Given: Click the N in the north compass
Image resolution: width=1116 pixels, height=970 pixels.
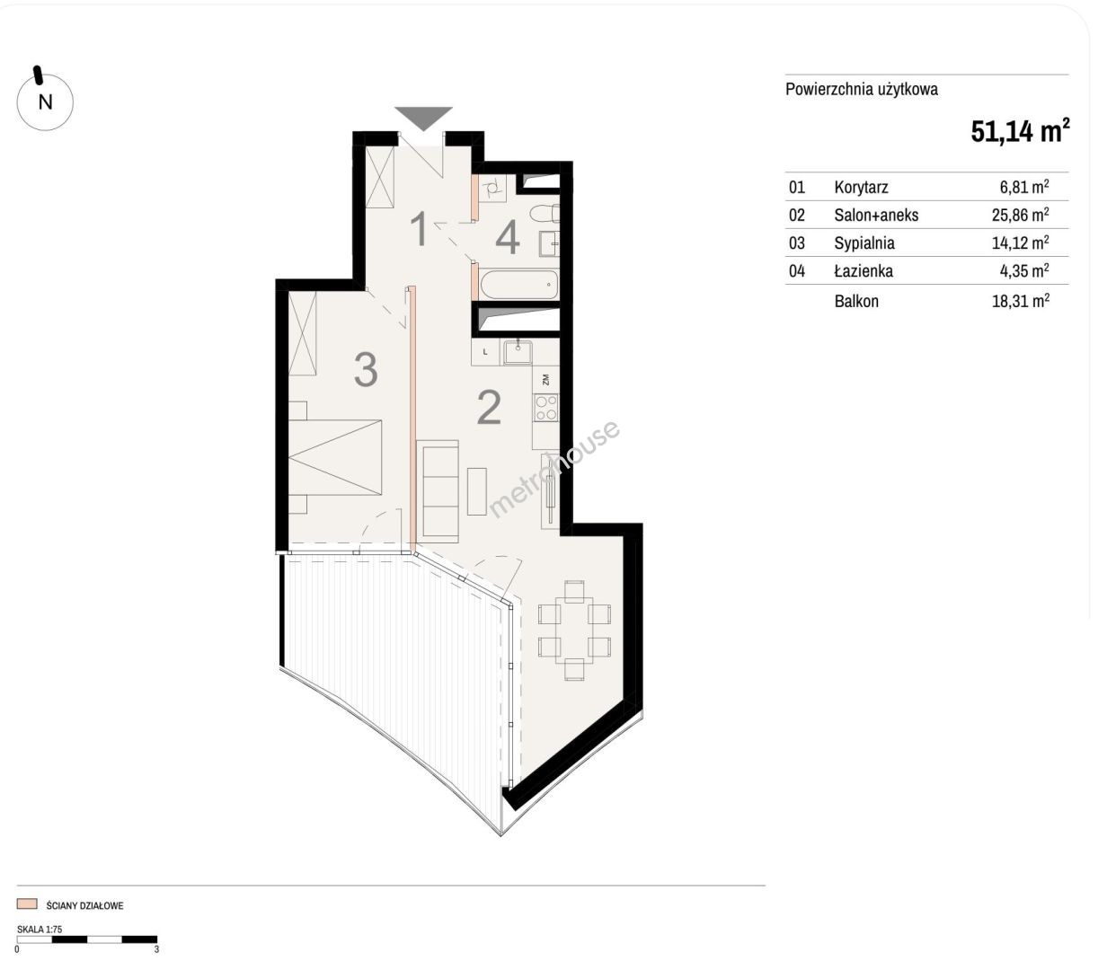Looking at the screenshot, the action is (x=45, y=102).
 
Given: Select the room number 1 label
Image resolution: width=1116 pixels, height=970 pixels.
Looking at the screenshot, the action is (x=419, y=230).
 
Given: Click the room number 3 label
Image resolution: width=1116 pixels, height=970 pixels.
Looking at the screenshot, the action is (x=366, y=369).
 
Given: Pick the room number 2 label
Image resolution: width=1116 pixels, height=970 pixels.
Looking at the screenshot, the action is (x=489, y=407).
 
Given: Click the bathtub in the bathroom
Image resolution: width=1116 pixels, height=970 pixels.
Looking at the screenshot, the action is (x=519, y=284).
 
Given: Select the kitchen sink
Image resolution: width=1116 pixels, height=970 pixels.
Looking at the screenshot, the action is (x=518, y=352).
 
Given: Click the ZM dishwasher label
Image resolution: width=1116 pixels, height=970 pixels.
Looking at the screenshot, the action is (x=545, y=380).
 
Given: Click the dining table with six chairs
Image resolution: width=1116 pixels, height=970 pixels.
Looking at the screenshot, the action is (x=574, y=630).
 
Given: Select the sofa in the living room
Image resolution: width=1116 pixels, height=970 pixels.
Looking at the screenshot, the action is (x=437, y=491).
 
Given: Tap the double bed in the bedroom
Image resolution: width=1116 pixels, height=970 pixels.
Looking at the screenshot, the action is (x=335, y=457).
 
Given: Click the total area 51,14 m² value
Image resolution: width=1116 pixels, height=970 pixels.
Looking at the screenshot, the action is (x=1020, y=131).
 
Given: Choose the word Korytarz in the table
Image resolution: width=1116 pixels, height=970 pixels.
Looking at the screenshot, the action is (x=862, y=187).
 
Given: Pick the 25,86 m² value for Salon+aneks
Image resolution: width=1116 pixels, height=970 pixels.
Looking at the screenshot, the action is (x=1021, y=215).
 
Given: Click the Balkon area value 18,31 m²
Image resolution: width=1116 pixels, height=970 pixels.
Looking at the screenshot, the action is (x=1021, y=301).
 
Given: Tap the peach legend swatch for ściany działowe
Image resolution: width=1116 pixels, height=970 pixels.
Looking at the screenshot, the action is (x=27, y=904).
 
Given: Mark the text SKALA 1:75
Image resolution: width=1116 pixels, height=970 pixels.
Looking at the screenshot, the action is (x=40, y=930).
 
